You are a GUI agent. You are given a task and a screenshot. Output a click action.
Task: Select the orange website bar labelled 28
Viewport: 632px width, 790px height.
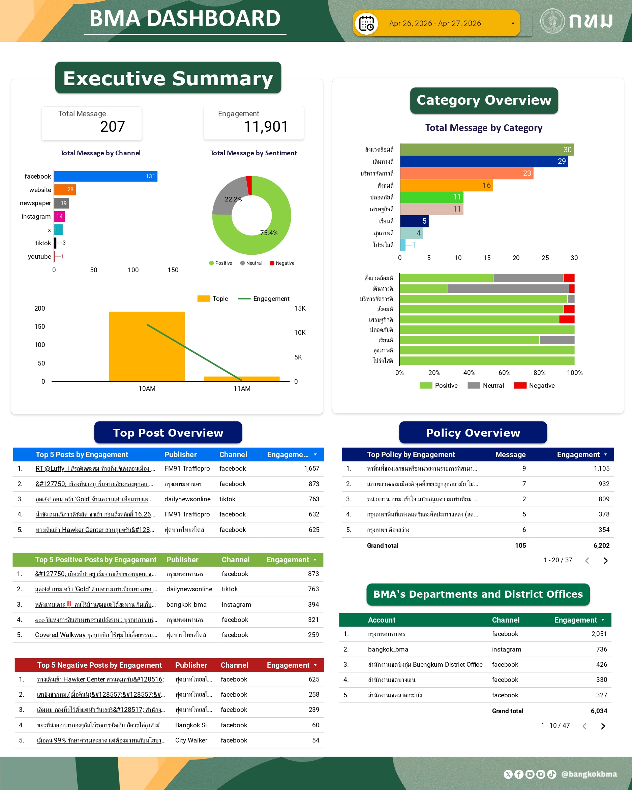pos(65,190)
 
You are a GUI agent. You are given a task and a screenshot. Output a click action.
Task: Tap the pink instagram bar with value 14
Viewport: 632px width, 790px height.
pos(59,217)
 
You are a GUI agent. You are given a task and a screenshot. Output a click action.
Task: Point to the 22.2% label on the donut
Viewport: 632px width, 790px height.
pos(233,199)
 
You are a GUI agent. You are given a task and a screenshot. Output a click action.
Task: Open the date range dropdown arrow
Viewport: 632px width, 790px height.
pos(512,24)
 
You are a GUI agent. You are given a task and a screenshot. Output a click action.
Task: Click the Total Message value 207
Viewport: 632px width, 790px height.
pos(113,127)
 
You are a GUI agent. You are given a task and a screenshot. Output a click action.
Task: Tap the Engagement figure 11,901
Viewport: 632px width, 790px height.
pos(266,127)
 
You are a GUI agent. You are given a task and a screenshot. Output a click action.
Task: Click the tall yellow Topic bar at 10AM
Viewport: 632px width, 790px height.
pos(147,346)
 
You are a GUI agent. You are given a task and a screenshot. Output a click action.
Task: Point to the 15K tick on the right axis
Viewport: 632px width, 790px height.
pos(300,309)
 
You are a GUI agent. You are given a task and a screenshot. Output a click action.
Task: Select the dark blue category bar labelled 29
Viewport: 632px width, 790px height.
pos(484,161)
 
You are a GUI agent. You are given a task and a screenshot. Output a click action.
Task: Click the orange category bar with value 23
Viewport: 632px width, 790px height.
pos(466,173)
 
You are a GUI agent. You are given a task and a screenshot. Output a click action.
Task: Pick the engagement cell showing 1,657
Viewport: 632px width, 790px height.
pos(311,469)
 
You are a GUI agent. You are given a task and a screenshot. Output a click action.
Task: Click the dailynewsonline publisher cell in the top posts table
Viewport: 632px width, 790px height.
pos(187,499)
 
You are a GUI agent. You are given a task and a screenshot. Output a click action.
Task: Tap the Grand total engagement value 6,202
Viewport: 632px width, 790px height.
pos(601,546)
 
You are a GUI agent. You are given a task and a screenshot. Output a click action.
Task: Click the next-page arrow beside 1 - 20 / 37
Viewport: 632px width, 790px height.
pos(606,561)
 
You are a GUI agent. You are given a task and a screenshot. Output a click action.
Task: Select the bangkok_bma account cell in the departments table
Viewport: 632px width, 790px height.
pos(388,649)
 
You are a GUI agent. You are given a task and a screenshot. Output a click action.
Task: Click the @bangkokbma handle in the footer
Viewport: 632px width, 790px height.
pos(589,774)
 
